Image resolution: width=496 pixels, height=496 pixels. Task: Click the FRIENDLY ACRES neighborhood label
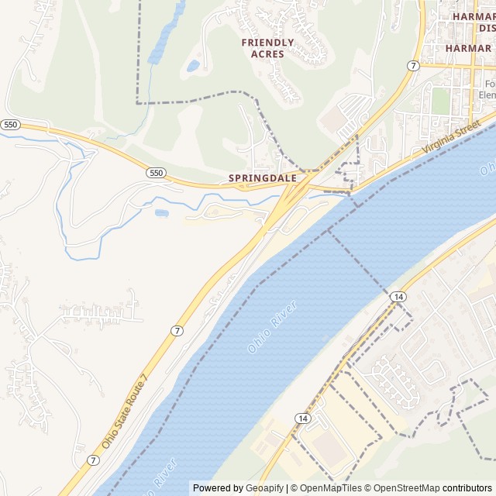(x=267, y=48)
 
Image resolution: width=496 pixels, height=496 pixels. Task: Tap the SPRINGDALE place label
(x=262, y=178)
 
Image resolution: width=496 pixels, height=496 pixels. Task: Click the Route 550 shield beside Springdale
(x=156, y=173)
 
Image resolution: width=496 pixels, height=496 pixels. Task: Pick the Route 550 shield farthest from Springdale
(x=10, y=124)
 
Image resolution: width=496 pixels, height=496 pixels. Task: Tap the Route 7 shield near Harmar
(x=413, y=66)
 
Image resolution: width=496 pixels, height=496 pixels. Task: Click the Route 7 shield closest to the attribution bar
(x=93, y=460)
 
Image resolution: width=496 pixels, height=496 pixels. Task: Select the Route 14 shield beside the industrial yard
(x=302, y=418)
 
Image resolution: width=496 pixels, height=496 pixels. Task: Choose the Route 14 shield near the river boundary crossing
(x=398, y=297)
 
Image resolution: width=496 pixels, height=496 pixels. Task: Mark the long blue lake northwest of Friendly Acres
(x=166, y=35)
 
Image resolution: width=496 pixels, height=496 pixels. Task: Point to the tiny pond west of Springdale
(x=161, y=212)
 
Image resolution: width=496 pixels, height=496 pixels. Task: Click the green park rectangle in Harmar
(x=440, y=100)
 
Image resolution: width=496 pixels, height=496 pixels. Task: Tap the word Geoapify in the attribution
(x=265, y=488)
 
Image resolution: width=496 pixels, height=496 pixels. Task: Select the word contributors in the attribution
(x=467, y=488)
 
